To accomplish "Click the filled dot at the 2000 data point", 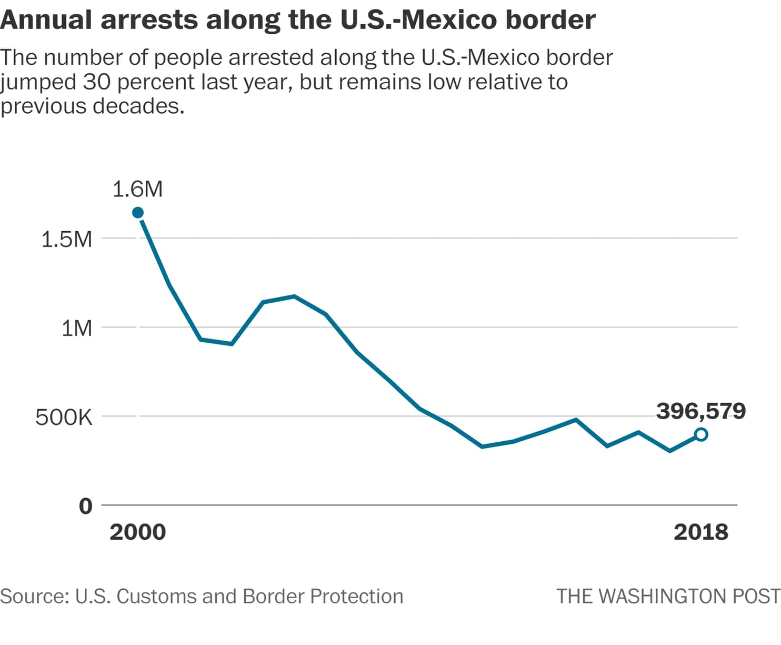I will point(138,213).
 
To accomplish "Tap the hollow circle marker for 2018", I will point(700,434).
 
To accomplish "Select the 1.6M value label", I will point(138,189).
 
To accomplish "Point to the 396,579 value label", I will point(700,411).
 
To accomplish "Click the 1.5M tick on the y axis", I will point(66,239).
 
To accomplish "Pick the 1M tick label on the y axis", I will point(76,328).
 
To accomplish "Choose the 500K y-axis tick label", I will point(64,418).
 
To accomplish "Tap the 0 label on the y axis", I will point(85,506).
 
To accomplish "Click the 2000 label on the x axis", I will point(137,532).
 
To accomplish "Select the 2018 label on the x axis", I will point(700,532).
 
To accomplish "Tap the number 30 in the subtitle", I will point(95,82).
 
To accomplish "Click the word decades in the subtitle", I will point(138,106).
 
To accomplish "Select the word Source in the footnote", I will point(34,597).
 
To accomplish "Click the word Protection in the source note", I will point(356,597).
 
